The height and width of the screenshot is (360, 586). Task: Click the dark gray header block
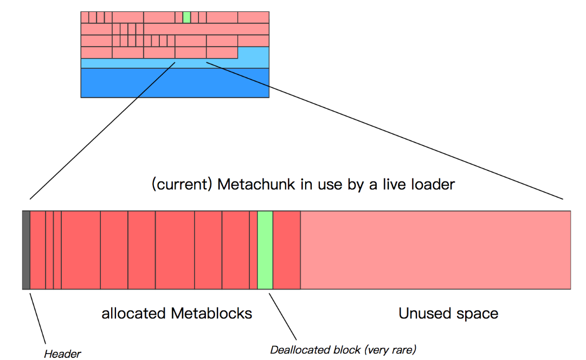(x=26, y=250)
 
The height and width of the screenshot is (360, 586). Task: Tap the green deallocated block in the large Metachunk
(x=265, y=250)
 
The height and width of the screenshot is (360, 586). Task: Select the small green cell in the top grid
(x=186, y=17)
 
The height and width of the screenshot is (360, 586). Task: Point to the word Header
(x=62, y=354)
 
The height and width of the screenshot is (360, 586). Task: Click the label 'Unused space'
(x=448, y=313)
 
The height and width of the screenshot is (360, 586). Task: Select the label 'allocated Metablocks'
(x=177, y=313)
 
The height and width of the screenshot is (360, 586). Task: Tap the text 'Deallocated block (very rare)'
(x=343, y=349)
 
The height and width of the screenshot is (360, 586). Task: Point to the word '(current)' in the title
(x=181, y=184)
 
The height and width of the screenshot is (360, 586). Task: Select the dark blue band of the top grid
(x=175, y=82)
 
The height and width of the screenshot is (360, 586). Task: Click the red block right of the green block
(x=286, y=250)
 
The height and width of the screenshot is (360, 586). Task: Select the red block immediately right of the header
(x=37, y=250)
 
